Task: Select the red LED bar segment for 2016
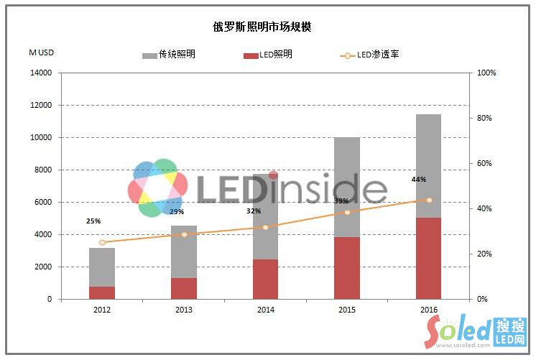coord(428,258)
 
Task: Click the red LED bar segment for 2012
coord(102,292)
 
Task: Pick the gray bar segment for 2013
coord(184,251)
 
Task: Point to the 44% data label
coord(419,180)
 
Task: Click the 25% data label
coord(93,221)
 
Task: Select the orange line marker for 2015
coord(347,212)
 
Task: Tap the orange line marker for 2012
coord(102,243)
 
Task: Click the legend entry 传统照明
coord(169,55)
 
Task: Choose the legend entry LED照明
coord(267,55)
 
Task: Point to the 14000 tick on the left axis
coord(41,73)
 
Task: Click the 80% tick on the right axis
coord(487,119)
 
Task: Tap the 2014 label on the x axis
coord(265,310)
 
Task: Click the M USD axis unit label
coord(42,52)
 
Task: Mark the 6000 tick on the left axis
coord(43,203)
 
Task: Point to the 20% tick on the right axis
coord(487,254)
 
